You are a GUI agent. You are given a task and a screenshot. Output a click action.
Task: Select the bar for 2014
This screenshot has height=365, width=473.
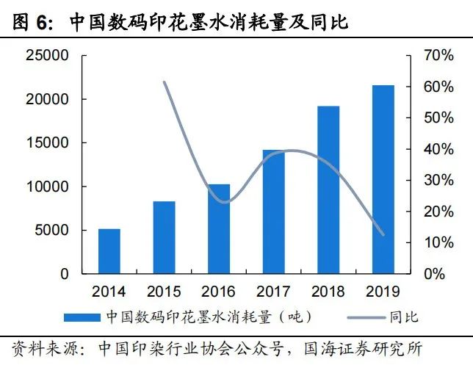[x=109, y=251]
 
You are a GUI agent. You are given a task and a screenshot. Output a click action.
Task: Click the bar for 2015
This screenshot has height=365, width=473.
[x=165, y=237]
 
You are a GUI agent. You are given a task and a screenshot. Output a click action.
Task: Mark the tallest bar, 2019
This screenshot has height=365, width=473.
[x=383, y=179]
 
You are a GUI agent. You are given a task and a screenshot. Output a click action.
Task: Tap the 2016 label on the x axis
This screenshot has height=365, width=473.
[x=218, y=291]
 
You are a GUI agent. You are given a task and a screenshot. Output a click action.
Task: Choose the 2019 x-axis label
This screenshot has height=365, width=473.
[x=383, y=291]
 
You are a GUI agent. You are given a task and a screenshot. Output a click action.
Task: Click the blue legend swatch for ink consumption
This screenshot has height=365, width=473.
[x=81, y=317]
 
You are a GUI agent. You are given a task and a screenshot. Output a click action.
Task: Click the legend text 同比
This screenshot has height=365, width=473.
[x=403, y=317]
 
